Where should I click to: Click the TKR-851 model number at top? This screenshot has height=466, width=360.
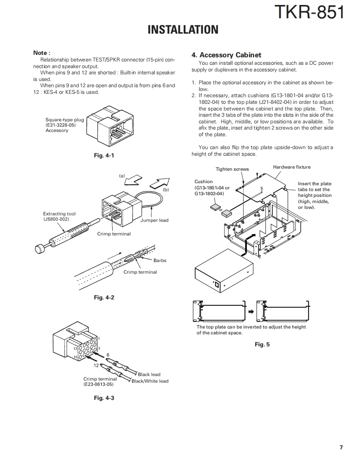(309, 12)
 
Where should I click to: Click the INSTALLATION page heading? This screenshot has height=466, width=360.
(183, 29)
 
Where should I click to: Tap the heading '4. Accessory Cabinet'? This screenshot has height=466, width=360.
(226, 55)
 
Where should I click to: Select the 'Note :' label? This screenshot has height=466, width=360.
(42, 53)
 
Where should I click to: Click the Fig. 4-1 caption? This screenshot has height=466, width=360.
(104, 156)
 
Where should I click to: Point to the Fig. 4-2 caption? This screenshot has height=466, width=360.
(104, 297)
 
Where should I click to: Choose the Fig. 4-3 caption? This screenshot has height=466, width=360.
(104, 398)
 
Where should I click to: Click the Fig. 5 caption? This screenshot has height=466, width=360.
(262, 344)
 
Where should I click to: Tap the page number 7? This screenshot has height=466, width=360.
(341, 447)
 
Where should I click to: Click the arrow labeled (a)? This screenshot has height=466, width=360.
(133, 181)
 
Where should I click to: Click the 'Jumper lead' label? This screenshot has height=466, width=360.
(154, 220)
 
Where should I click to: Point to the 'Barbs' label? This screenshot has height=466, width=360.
(160, 260)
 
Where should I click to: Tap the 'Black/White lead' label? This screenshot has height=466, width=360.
(150, 381)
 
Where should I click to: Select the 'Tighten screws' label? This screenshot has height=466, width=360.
(232, 169)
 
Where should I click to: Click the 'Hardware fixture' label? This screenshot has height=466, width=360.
(291, 167)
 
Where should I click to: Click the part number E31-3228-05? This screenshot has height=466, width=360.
(61, 125)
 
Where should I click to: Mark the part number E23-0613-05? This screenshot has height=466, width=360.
(99, 384)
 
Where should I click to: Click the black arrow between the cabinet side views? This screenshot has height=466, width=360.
(251, 311)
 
